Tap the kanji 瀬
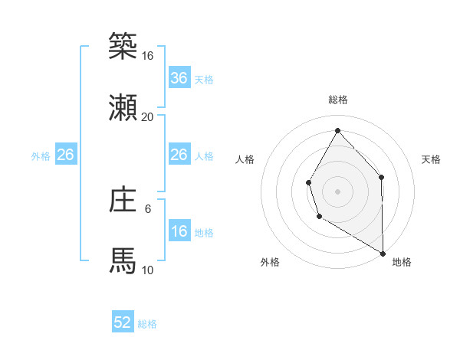click(123, 108)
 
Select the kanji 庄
click(123, 200)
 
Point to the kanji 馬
click(123, 260)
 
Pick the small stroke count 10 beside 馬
click(148, 270)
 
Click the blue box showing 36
click(179, 78)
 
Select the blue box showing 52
click(123, 323)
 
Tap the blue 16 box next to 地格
click(179, 231)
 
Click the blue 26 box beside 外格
click(65, 155)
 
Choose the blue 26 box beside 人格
click(179, 155)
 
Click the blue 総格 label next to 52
click(147, 324)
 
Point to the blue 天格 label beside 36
click(203, 79)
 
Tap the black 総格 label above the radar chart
click(337, 100)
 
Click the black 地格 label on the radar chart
click(402, 262)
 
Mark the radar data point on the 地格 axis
click(383, 253)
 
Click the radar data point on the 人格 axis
click(308, 182)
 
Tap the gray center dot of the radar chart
click(337, 191)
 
